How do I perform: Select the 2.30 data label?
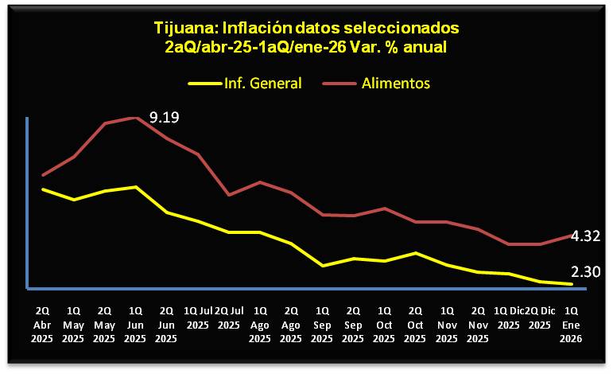coord(584,271)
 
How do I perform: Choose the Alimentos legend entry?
coord(396,83)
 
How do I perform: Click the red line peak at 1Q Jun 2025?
coord(137,118)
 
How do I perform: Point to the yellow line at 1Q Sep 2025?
coord(322,265)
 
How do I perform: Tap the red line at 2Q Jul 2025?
coord(229,194)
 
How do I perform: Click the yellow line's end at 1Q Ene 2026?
coord(571,283)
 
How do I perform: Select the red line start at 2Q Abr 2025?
coord(43,174)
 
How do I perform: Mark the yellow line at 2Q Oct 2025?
coord(416,253)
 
